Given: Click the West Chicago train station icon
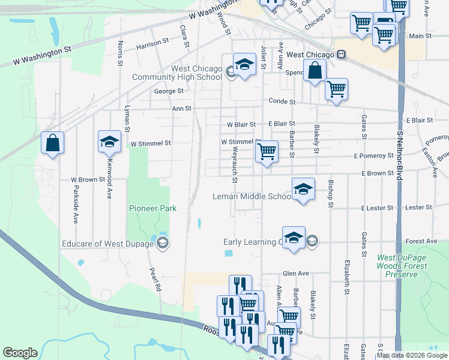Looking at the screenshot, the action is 341,55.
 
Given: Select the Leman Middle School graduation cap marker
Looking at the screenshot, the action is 304,190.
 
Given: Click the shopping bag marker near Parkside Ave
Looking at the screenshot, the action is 53,143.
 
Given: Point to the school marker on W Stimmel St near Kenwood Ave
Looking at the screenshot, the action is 109,142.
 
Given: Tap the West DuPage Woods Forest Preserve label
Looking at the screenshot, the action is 396,266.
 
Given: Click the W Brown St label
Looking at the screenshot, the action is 88,179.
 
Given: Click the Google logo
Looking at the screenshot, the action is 20,352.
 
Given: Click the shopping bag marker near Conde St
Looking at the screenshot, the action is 315,72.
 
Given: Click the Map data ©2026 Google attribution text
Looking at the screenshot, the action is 412,355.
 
